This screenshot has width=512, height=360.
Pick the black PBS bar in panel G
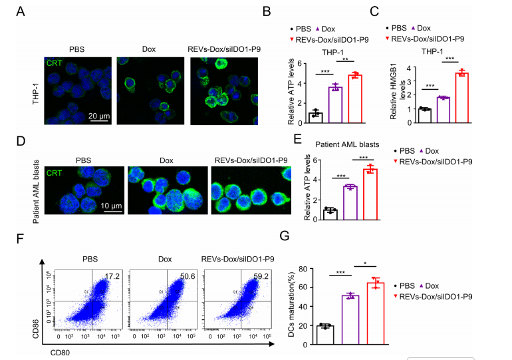coord(324,335)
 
